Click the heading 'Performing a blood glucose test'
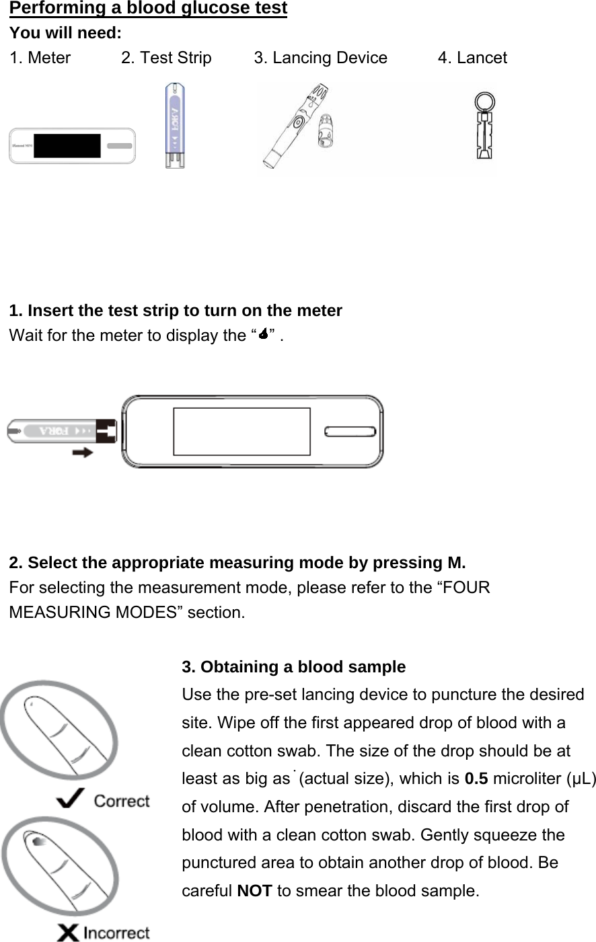(148, 8)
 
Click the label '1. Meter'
(40, 58)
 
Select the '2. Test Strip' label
(166, 58)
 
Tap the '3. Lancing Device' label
(320, 58)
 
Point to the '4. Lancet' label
(472, 58)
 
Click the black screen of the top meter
(67, 146)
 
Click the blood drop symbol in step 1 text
(264, 334)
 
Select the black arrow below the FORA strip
(83, 453)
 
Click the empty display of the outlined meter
(241, 432)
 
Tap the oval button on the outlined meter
(350, 432)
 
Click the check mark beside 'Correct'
(71, 799)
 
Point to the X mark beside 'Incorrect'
(68, 933)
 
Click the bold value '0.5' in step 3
(476, 779)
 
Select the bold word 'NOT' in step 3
(254, 891)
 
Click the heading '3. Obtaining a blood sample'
(293, 667)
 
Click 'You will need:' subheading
(65, 33)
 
